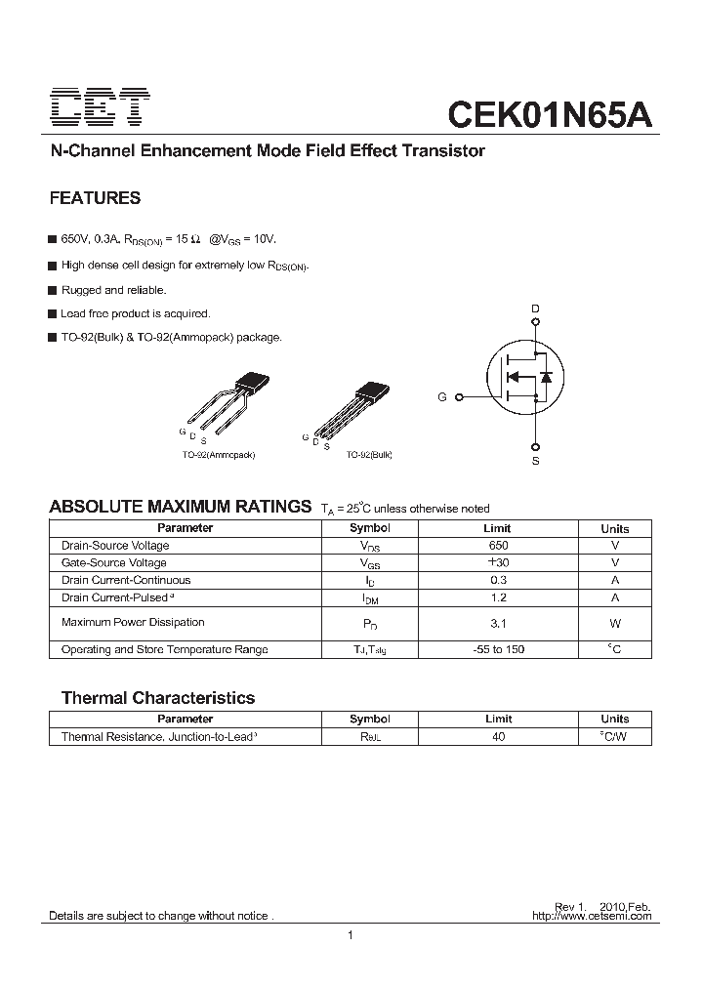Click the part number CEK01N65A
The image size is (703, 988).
pos(549,112)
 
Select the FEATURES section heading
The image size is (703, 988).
pos(95,198)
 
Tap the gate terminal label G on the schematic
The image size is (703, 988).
pos(442,397)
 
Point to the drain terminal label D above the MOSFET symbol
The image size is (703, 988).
pos(534,309)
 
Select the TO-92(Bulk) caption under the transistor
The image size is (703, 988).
pos(369,455)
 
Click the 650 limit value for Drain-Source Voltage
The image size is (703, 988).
pos(498,546)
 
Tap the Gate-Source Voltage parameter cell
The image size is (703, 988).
pos(113,563)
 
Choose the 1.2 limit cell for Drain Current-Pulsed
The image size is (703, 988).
pos(498,597)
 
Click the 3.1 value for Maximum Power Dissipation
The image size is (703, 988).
pos(498,623)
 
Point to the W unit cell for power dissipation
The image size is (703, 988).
pos(614,623)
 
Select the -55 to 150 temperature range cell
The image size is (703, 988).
pos(498,649)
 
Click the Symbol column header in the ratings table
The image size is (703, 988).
pos(369,528)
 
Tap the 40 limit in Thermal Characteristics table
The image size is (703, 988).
pos(498,737)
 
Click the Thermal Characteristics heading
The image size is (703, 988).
pos(157,698)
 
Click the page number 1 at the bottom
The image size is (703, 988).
pos(350,936)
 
